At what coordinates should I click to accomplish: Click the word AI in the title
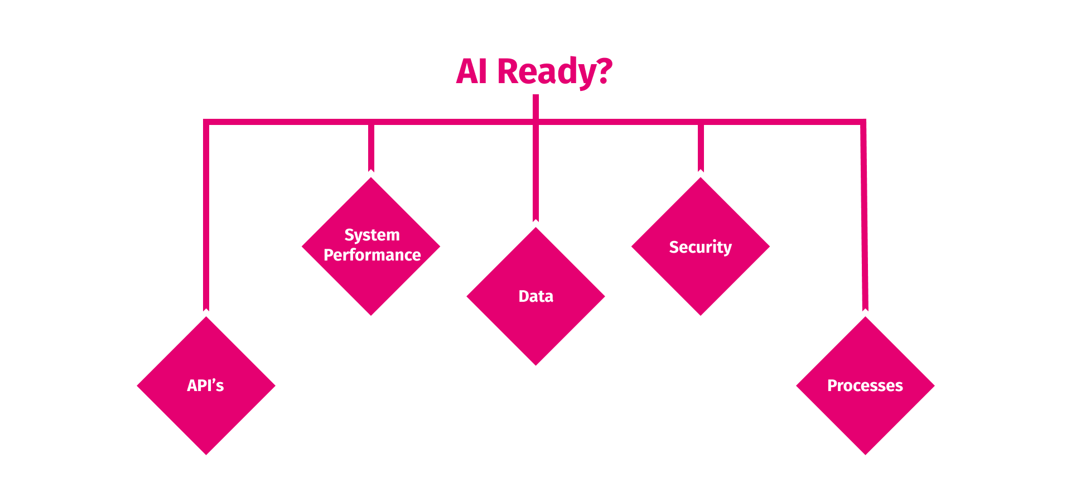(472, 71)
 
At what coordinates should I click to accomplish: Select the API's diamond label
(205, 385)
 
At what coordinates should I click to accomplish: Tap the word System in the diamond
(372, 235)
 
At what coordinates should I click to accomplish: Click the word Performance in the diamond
(372, 255)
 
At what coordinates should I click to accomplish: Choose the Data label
(535, 296)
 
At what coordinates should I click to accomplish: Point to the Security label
(700, 247)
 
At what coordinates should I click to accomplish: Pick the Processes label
(865, 385)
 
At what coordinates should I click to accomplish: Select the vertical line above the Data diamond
(535, 173)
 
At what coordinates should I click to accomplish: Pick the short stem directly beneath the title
(535, 106)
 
